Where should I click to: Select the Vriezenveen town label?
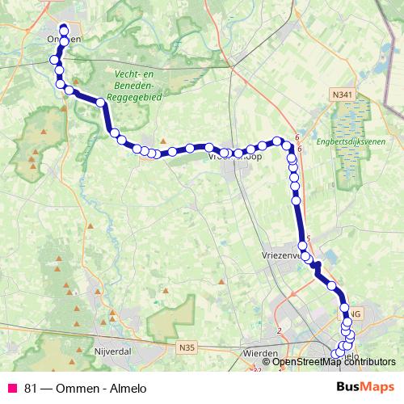coord(282,254)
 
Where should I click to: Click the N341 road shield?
coord(342,95)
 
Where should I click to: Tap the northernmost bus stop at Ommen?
coord(64,30)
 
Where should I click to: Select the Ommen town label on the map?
coord(63,38)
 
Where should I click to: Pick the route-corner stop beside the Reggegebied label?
coord(101,103)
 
